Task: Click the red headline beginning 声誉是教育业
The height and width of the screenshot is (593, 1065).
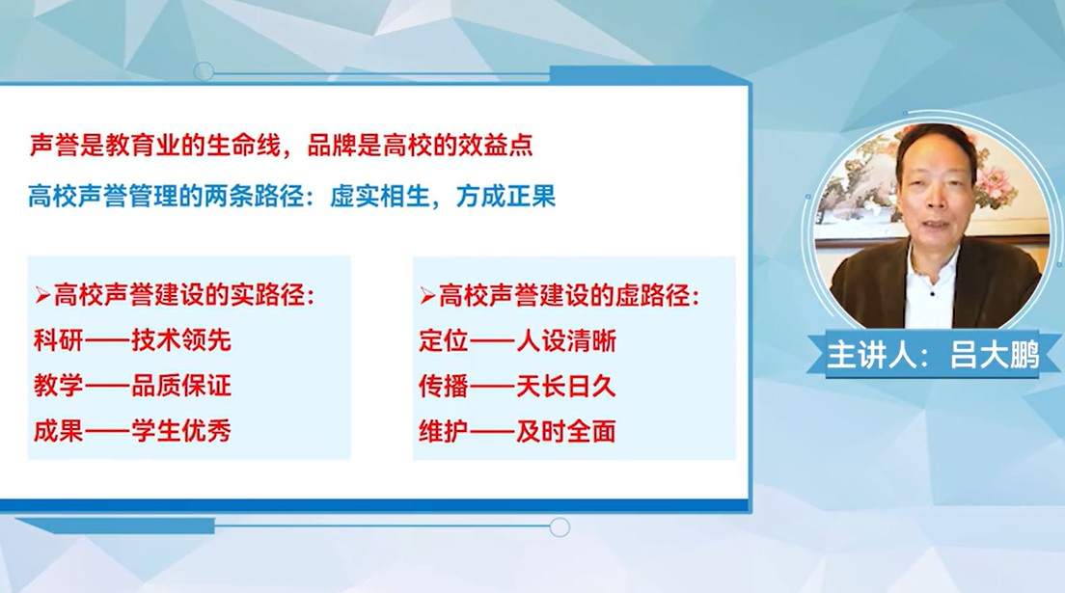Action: coord(281,146)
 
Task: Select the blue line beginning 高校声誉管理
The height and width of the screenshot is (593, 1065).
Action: coord(292,196)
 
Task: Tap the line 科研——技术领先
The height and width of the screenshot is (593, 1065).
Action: coord(132,339)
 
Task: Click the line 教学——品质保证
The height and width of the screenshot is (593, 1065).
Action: coord(132,385)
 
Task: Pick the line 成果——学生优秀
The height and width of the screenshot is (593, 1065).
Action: coord(132,431)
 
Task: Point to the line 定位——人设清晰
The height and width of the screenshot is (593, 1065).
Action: coord(518,340)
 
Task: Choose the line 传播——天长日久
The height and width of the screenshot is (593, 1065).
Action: coord(518,386)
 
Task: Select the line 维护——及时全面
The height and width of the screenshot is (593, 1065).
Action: coord(518,431)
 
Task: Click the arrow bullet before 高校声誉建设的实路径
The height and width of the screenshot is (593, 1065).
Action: coord(42,295)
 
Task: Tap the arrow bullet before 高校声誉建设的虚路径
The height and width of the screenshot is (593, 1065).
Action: coord(427,295)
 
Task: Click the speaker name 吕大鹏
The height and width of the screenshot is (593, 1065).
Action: coord(995,355)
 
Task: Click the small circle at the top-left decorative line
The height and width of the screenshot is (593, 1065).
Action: coord(204,71)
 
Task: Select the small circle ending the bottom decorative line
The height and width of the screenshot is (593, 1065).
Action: coord(560,527)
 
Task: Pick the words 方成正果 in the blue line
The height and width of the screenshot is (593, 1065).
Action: coord(506,196)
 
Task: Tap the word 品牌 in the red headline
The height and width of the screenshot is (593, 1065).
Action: coord(332,146)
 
